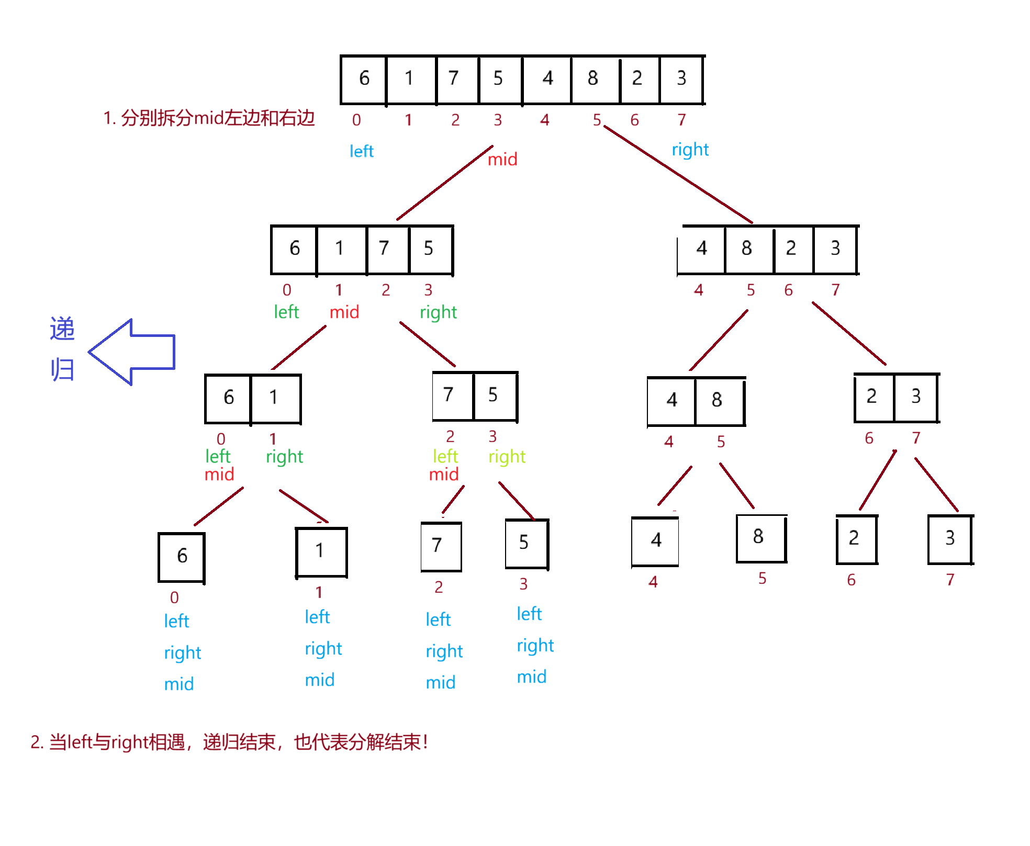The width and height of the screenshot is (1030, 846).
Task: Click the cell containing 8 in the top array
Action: [594, 79]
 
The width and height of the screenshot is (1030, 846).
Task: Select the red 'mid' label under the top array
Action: [502, 159]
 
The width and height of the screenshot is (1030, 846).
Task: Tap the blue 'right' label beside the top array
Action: [689, 150]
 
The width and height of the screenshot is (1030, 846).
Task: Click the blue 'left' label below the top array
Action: [361, 152]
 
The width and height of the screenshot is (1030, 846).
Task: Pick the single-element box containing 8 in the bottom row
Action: [759, 537]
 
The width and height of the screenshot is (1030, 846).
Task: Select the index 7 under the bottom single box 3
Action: [950, 580]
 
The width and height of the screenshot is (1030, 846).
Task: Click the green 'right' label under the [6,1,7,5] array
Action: [438, 313]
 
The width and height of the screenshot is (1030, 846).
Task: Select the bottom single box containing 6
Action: [182, 556]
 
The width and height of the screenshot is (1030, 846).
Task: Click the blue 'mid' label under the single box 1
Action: [319, 680]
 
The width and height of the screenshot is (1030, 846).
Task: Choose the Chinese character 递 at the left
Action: [62, 329]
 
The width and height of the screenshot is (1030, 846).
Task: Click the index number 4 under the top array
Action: [545, 120]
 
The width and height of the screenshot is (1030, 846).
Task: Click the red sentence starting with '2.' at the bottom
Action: [229, 742]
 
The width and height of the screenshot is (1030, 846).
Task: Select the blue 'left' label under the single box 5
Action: [529, 614]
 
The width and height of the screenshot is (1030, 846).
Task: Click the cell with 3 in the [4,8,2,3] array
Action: [835, 249]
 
